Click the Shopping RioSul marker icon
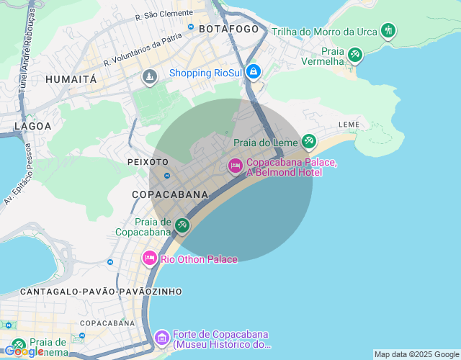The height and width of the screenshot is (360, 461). click(254, 72)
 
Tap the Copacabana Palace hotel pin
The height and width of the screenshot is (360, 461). click(235, 166)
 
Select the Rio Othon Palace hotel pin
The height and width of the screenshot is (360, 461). click(150, 258)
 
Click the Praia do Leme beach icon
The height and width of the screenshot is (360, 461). click(309, 141)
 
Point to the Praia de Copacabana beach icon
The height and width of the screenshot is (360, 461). click(182, 226)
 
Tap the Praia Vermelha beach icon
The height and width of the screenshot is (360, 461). click(354, 55)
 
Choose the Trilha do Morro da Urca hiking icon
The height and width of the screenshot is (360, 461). click(389, 30)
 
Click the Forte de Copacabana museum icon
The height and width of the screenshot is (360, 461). click(161, 337)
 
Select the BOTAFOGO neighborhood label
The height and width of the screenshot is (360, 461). click(228, 29)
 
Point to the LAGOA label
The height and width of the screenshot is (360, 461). click(33, 126)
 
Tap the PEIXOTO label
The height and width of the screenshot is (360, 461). click(148, 162)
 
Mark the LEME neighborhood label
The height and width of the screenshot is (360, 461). click(349, 125)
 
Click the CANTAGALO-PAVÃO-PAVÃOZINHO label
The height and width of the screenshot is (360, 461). click(101, 292)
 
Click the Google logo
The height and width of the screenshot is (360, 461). click(23, 351)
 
